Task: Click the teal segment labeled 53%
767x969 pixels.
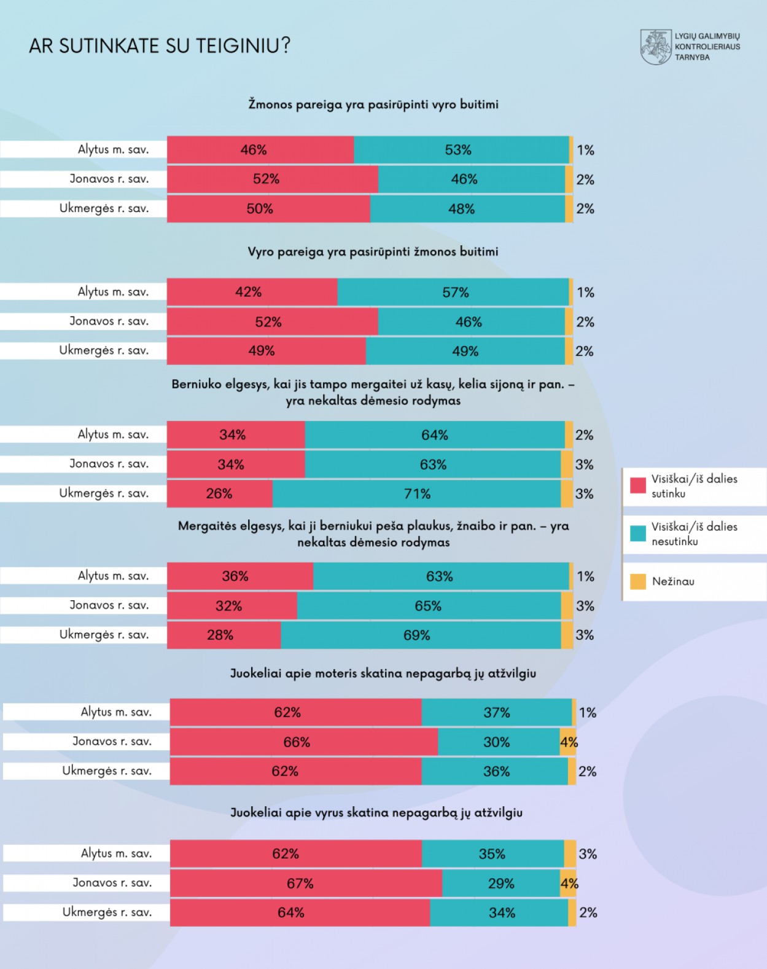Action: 461,150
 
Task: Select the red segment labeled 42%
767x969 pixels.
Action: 252,292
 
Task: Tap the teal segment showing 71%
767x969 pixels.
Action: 416,493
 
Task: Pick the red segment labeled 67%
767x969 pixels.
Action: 305,883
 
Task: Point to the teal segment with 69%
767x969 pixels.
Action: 421,635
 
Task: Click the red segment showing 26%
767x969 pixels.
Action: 219,493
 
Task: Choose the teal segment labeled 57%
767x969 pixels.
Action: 453,292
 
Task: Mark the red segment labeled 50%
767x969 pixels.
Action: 268,209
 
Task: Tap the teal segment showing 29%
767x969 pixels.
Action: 500,883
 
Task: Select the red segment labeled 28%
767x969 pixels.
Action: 224,635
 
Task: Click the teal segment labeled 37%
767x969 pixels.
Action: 496,712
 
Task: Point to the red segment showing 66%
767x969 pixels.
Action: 303,742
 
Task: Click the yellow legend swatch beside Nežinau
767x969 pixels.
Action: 638,581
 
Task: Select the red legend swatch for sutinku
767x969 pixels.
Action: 638,485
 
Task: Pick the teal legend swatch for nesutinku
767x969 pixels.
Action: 638,533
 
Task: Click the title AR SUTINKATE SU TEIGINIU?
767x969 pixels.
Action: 160,45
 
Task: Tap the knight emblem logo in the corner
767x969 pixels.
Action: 656,47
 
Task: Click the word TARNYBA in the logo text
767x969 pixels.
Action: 692,57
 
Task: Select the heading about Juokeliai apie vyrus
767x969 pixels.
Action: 376,812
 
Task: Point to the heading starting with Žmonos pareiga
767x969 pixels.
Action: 373,104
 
